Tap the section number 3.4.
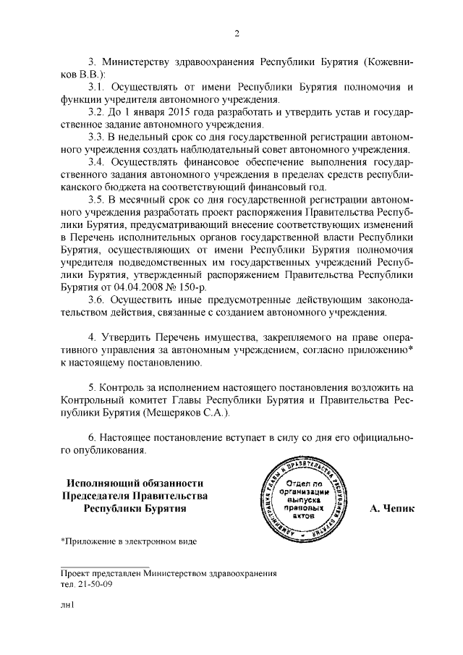click(97, 161)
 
